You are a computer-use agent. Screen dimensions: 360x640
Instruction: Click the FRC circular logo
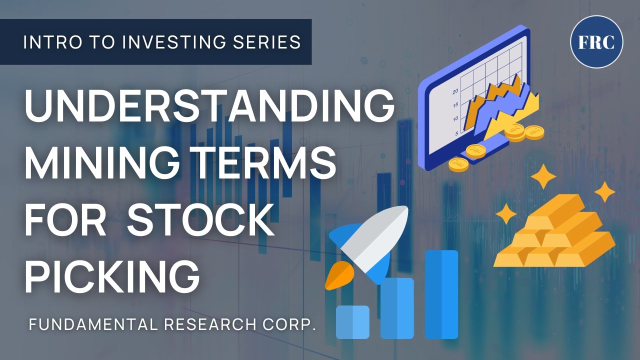click(596, 42)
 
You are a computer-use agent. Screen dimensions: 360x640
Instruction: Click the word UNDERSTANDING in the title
click(209, 108)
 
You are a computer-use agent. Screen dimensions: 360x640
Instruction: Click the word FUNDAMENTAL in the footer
click(93, 325)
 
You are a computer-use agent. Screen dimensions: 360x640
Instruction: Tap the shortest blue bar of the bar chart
click(352, 322)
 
